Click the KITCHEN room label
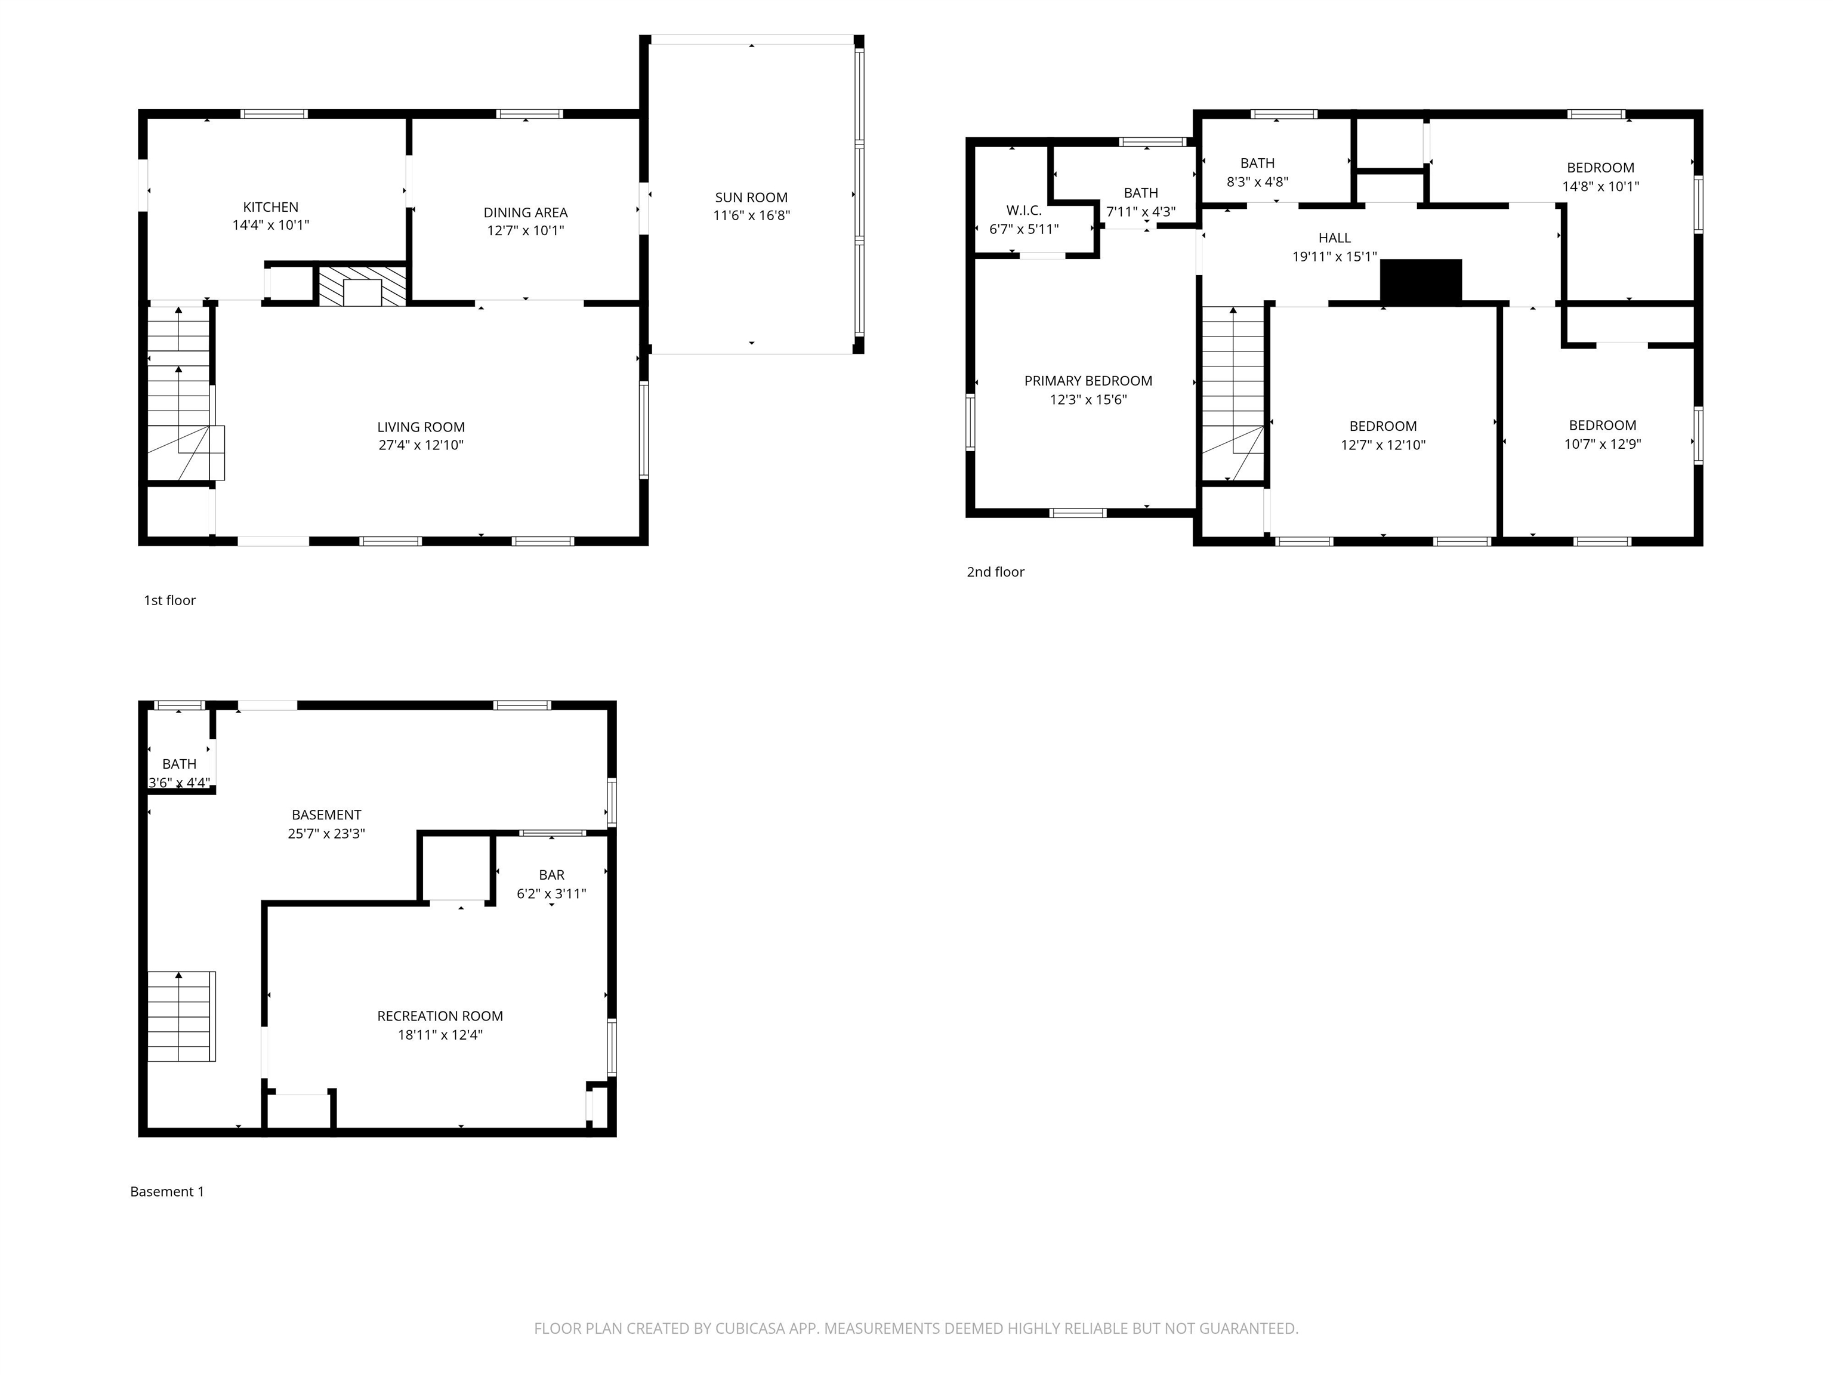(270, 207)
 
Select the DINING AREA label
(525, 213)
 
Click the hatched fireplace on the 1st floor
(362, 286)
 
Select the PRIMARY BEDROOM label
(1087, 381)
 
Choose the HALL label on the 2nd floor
(1334, 238)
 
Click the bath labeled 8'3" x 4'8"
(1257, 172)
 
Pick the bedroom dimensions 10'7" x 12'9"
(1602, 444)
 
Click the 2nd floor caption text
(995, 572)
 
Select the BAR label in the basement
(551, 875)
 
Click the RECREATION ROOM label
(439, 1016)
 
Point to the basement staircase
(181, 1016)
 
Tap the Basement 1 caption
(166, 1192)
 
